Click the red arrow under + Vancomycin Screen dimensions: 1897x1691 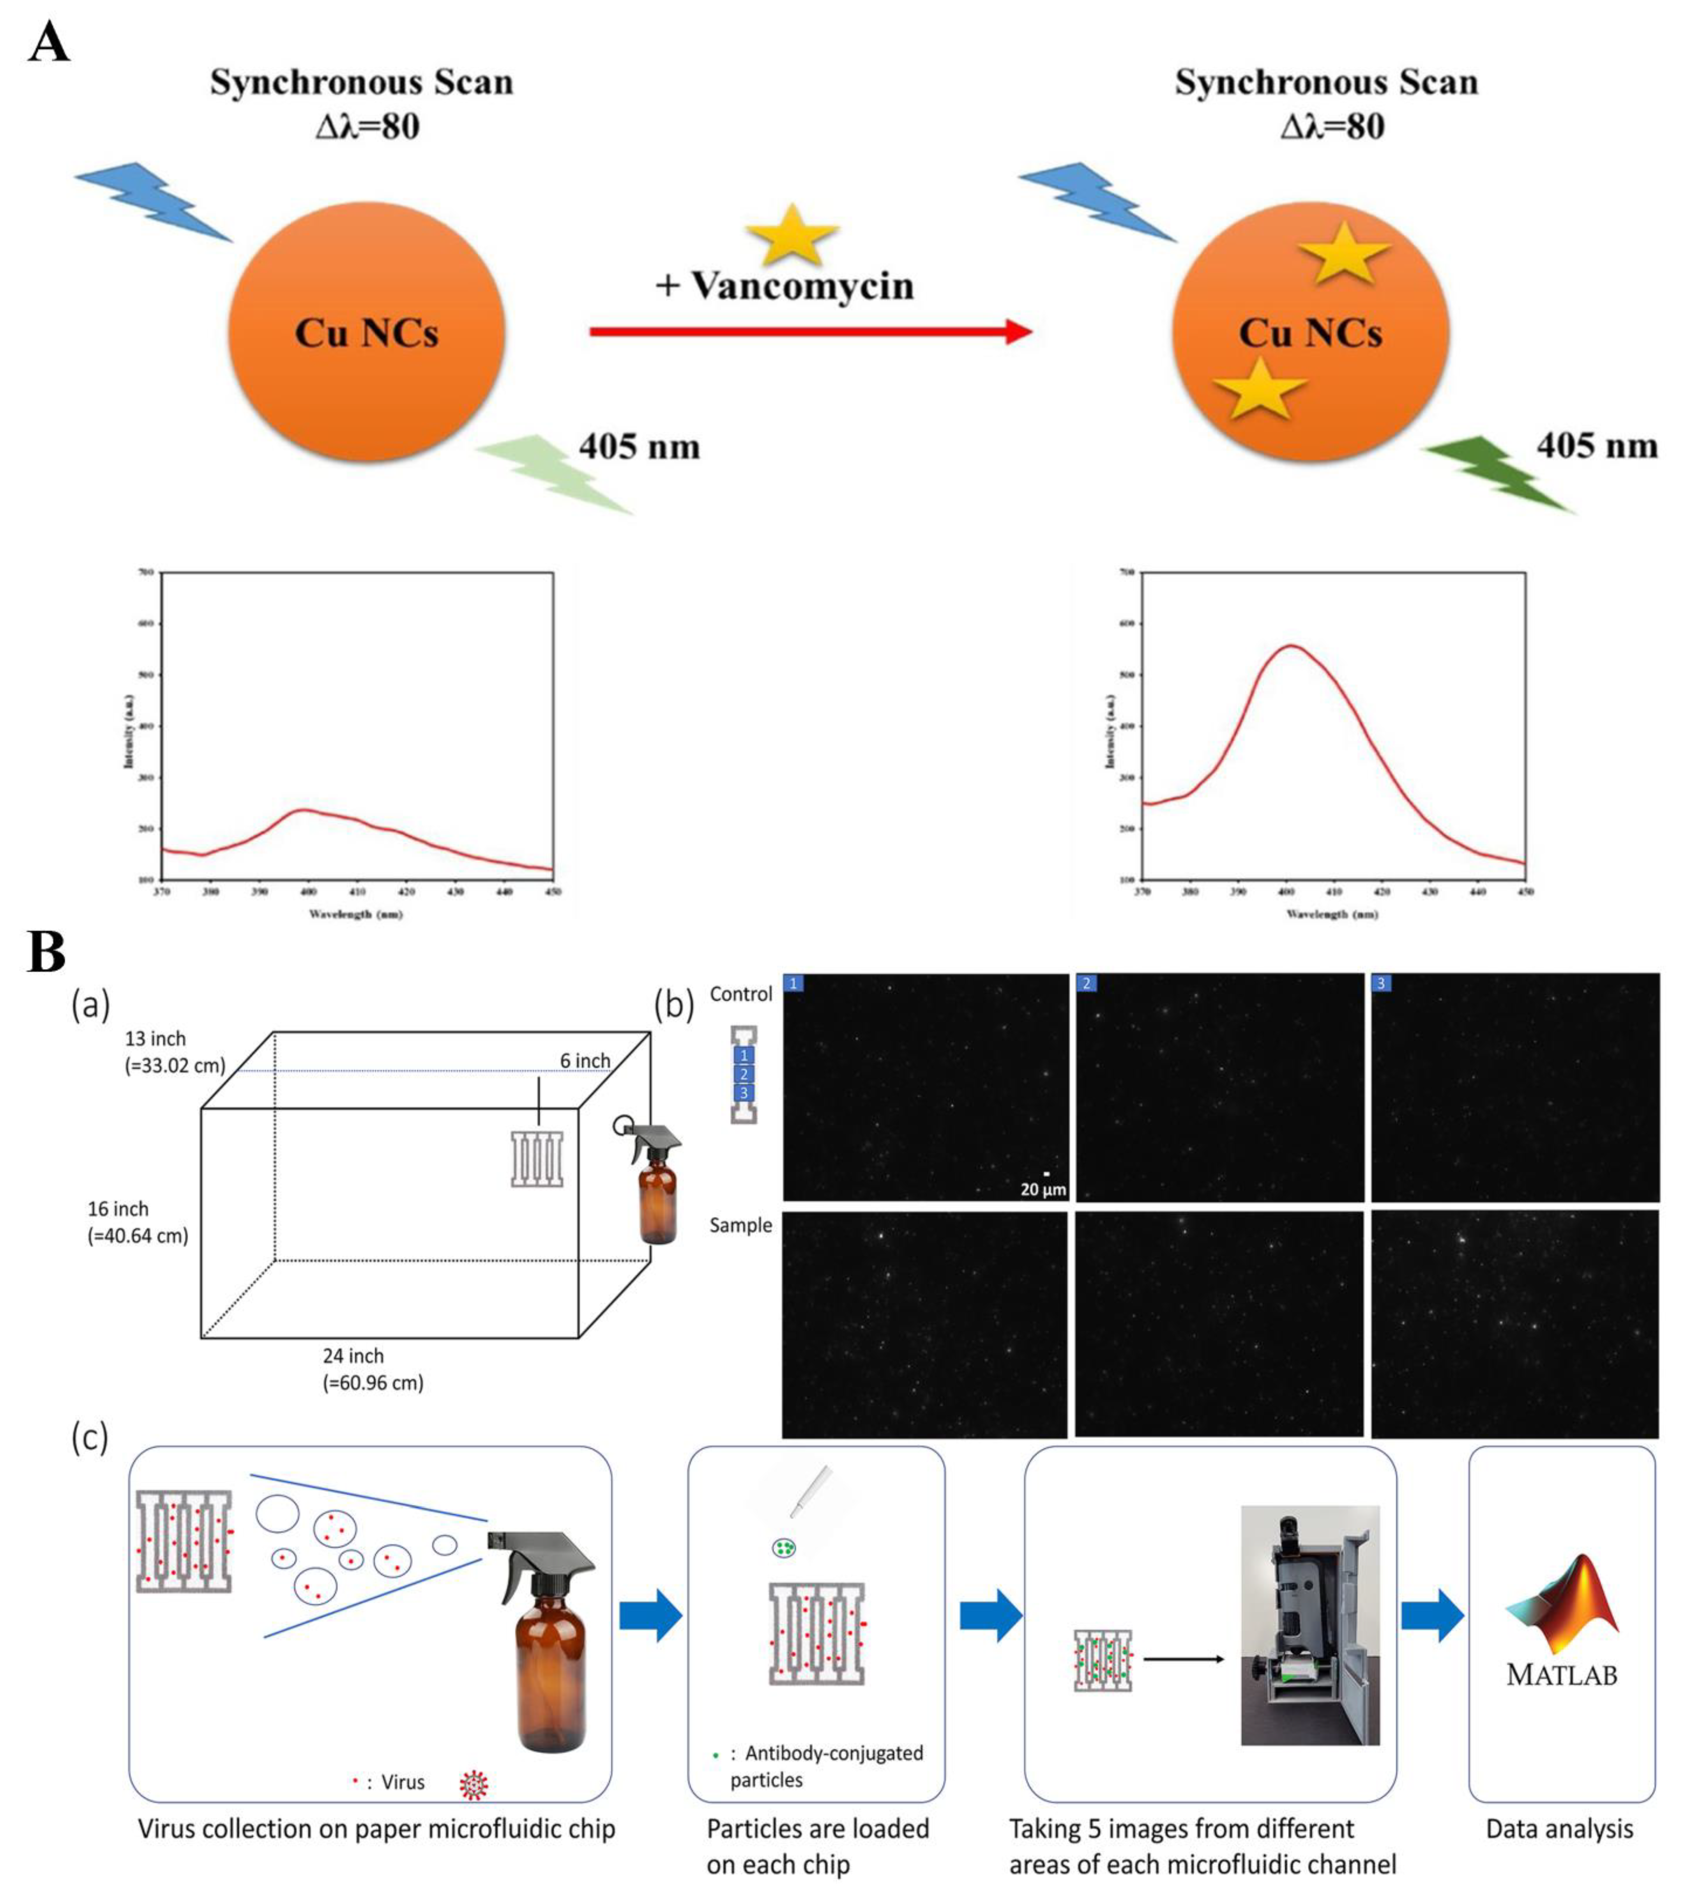point(810,331)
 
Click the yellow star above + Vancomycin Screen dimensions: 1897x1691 point(792,234)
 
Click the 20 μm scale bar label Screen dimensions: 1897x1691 point(1043,1189)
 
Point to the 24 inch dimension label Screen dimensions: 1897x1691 point(353,1356)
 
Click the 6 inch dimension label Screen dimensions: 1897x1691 point(585,1061)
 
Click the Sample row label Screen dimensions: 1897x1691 point(740,1225)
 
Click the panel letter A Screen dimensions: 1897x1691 point(48,43)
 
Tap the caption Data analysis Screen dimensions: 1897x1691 point(1559,1829)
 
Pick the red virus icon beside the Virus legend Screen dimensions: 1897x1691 point(474,1785)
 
